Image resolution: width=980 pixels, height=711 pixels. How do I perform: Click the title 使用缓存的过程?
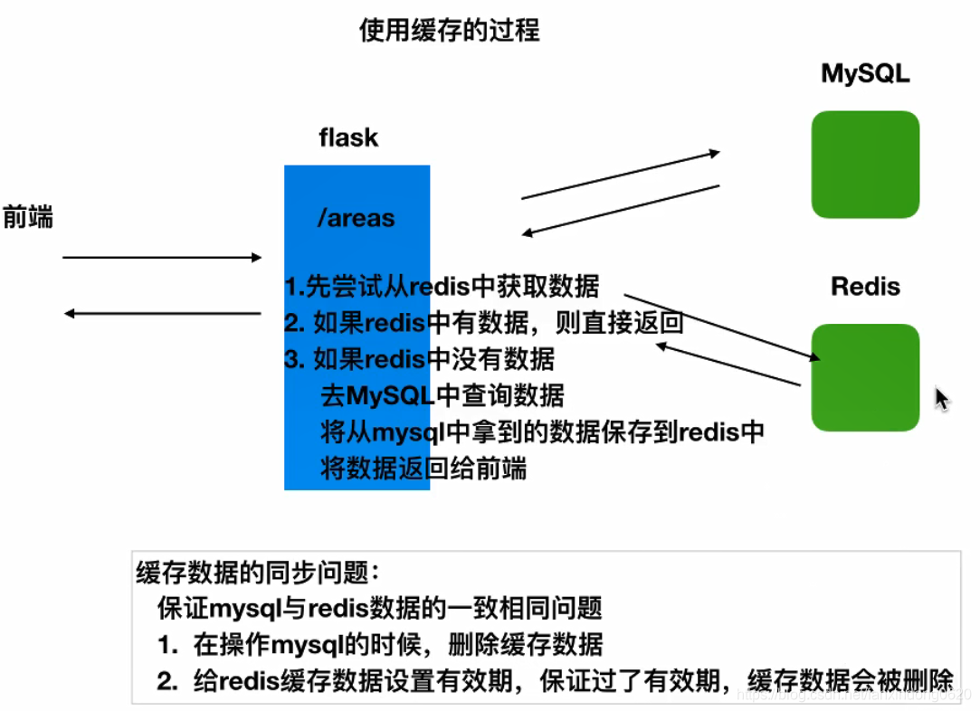[x=450, y=30]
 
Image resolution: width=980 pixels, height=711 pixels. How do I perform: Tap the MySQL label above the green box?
[x=865, y=73]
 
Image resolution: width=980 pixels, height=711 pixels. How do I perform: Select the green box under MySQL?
[x=865, y=165]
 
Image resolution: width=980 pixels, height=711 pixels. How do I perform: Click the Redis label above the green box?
[x=865, y=287]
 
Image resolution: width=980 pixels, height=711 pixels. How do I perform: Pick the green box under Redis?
[x=865, y=377]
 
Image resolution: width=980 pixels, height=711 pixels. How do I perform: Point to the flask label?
[x=348, y=137]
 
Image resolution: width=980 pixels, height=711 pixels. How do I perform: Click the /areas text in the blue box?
[x=356, y=217]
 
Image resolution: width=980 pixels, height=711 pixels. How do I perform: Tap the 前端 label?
[x=28, y=217]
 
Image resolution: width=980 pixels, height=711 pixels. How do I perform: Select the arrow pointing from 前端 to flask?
[x=161, y=258]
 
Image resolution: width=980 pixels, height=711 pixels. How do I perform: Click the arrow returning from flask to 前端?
[x=161, y=314]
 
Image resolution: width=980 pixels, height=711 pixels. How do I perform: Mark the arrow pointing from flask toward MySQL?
[x=620, y=175]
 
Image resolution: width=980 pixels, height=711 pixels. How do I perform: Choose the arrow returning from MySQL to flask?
[x=620, y=211]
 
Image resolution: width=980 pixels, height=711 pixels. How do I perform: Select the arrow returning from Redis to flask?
[x=728, y=365]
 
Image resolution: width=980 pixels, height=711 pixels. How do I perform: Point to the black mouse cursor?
[x=941, y=398]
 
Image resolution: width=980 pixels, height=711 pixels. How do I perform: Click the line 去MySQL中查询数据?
[x=442, y=395]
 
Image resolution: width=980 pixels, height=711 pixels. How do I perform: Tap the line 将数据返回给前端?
[x=423, y=469]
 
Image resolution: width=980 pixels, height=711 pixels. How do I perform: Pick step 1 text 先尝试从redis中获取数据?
[x=442, y=287]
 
